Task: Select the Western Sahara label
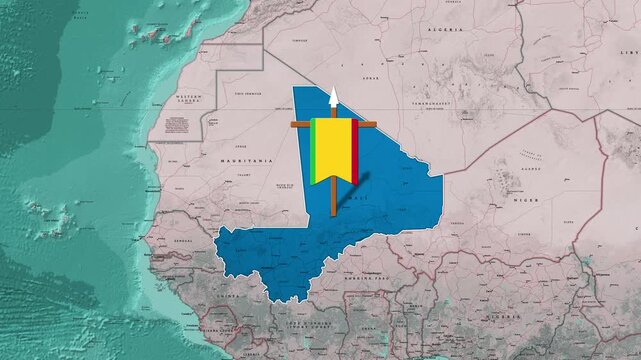coord(189,99)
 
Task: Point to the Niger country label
coord(524,200)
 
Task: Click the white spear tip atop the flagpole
coord(334,96)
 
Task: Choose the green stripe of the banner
coord(314,150)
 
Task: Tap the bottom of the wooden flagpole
coord(334,213)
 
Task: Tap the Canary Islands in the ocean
coord(155,36)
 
